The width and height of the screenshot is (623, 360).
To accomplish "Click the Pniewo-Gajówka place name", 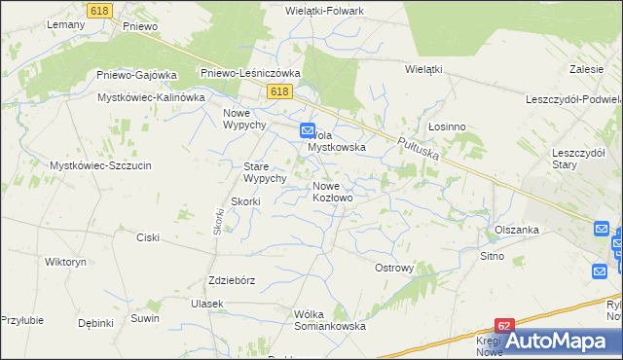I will (136, 75).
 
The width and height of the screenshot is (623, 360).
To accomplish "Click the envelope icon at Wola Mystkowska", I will (307, 129).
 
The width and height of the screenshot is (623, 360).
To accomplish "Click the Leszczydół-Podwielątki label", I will (573, 100).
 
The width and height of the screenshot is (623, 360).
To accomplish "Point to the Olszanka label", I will (516, 231).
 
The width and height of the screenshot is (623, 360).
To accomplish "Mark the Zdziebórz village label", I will (232, 280).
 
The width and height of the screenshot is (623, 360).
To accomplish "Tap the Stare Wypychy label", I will (264, 172).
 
